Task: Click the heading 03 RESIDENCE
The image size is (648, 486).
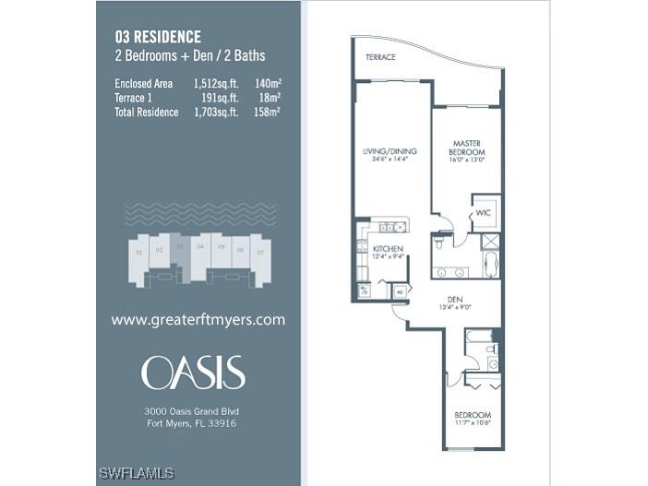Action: click(x=158, y=37)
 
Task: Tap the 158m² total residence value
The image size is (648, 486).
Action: click(x=269, y=112)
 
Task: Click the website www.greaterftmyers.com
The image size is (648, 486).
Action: click(x=198, y=320)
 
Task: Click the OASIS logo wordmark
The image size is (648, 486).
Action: click(x=193, y=373)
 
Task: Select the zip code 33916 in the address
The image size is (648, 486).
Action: click(x=222, y=423)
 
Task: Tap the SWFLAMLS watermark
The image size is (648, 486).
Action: click(x=137, y=474)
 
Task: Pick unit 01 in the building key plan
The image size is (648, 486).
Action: click(x=138, y=251)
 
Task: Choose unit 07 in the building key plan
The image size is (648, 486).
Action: click(x=260, y=250)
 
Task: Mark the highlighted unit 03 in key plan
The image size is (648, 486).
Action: click(x=180, y=247)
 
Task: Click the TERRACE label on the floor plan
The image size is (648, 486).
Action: click(x=380, y=57)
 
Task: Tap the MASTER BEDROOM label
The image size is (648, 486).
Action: click(x=467, y=148)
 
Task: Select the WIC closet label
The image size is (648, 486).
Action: click(x=483, y=214)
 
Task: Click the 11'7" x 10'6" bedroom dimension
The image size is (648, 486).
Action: click(x=473, y=424)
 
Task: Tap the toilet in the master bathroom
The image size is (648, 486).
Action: click(x=438, y=246)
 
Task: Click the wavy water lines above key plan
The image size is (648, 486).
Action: click(x=198, y=210)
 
